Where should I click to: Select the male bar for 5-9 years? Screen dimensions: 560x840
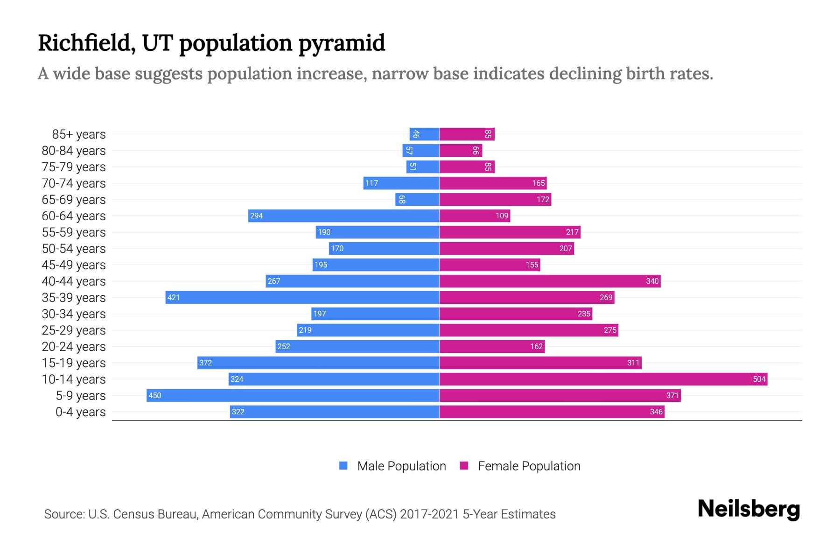point(293,395)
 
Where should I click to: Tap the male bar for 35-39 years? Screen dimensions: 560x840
point(302,297)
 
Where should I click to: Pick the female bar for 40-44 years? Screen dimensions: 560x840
point(549,281)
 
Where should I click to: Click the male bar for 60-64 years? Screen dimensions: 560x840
point(343,216)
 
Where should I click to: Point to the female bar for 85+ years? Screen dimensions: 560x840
point(467,134)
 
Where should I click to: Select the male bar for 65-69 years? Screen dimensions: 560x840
point(417,199)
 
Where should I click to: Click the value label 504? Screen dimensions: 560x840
point(759,379)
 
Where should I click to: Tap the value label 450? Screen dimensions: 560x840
point(155,395)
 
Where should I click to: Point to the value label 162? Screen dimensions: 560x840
point(536,346)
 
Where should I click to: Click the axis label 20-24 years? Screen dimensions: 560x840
point(74,346)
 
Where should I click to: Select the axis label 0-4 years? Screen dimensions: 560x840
point(80,412)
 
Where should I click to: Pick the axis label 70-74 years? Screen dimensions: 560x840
point(74,183)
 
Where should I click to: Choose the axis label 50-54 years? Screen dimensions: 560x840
point(74,248)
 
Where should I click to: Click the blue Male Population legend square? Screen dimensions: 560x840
point(343,466)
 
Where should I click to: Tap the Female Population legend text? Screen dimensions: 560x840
point(529,466)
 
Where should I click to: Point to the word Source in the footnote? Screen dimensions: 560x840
point(64,514)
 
